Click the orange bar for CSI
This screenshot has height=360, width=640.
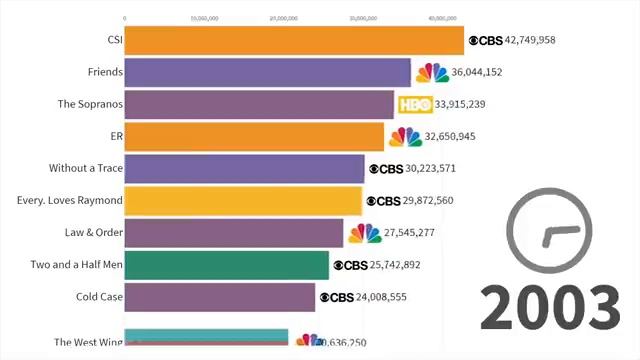coord(294,40)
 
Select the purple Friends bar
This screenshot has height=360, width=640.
coord(267,72)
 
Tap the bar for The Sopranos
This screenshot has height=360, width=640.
coord(259,104)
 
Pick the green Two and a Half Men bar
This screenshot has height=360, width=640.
coord(226,265)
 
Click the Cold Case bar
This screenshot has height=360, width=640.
coord(219,297)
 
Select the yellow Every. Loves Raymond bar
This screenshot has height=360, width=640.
coord(243,200)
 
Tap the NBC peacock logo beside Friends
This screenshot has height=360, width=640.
coord(432,72)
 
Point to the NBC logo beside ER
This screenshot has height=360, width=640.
coord(405,136)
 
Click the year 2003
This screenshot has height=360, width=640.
coord(549,307)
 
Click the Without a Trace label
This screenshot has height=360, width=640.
coord(85,168)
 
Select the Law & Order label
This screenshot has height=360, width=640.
coord(92,233)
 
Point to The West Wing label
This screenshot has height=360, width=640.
coord(88,343)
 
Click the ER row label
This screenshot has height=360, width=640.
coord(115,136)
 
